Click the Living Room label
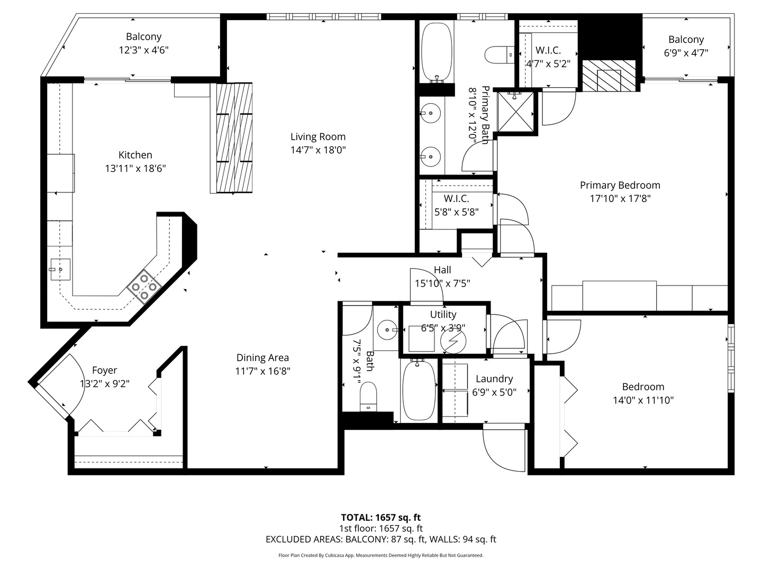[x=317, y=137]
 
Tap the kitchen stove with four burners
[x=144, y=287]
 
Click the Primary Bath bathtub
[x=437, y=52]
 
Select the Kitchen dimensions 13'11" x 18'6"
[x=135, y=169]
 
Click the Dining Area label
[x=262, y=358]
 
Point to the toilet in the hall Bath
[x=368, y=397]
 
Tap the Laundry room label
[x=494, y=379]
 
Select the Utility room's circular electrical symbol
[x=453, y=342]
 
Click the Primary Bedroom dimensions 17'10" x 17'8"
[x=620, y=199]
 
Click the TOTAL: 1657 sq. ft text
[x=380, y=518]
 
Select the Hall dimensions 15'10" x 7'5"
[x=442, y=283]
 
